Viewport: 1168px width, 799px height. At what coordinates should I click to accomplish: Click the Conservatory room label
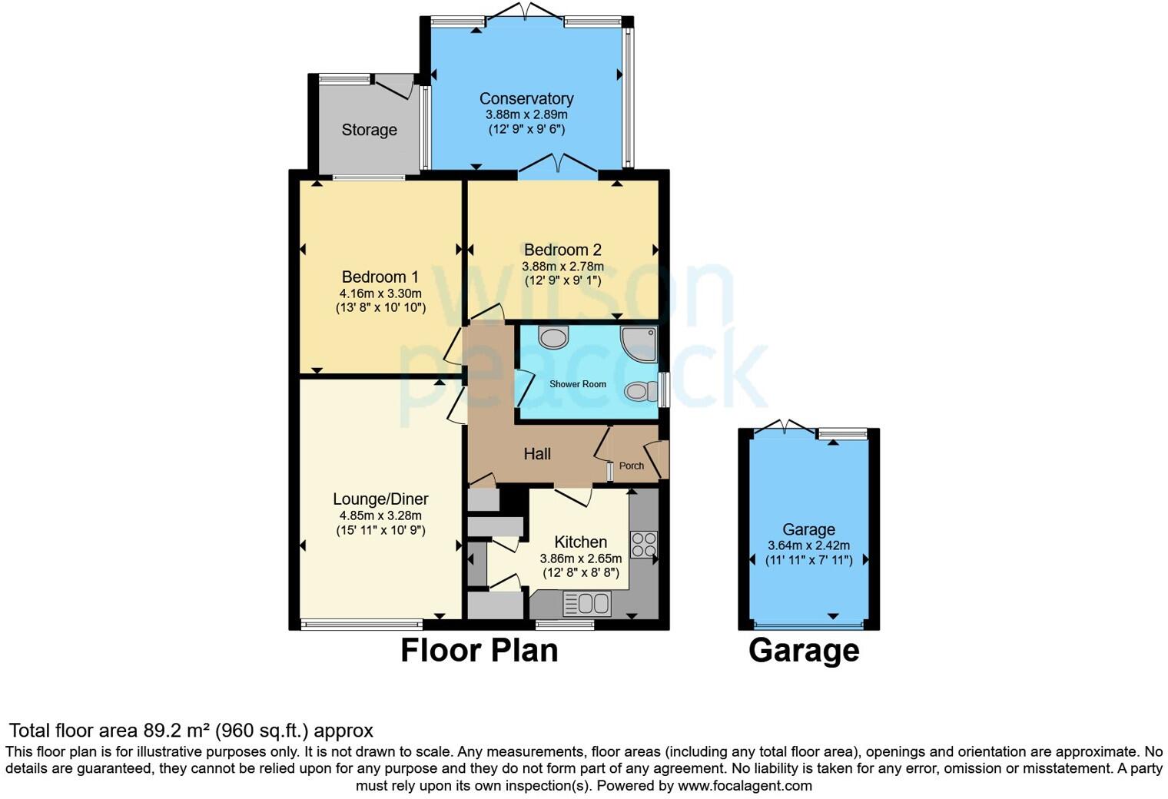526,98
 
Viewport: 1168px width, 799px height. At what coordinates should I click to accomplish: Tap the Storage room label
369,130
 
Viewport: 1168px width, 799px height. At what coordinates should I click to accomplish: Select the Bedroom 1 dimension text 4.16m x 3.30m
380,293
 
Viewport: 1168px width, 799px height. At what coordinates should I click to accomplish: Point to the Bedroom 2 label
562,250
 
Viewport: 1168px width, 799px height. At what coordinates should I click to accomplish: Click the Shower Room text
577,384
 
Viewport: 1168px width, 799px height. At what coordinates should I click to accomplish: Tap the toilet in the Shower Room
640,392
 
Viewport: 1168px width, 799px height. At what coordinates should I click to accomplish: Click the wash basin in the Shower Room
553,337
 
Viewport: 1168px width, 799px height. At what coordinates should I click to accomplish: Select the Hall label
537,454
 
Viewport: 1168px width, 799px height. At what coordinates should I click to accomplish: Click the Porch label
631,466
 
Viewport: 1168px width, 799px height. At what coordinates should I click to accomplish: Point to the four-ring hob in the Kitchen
643,544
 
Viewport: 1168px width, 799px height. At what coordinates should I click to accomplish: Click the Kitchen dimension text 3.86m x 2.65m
580,559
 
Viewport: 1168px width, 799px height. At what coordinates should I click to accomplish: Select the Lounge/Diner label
380,499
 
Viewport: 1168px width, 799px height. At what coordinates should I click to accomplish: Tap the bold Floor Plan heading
479,651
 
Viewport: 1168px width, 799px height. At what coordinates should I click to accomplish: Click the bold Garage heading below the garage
804,651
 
